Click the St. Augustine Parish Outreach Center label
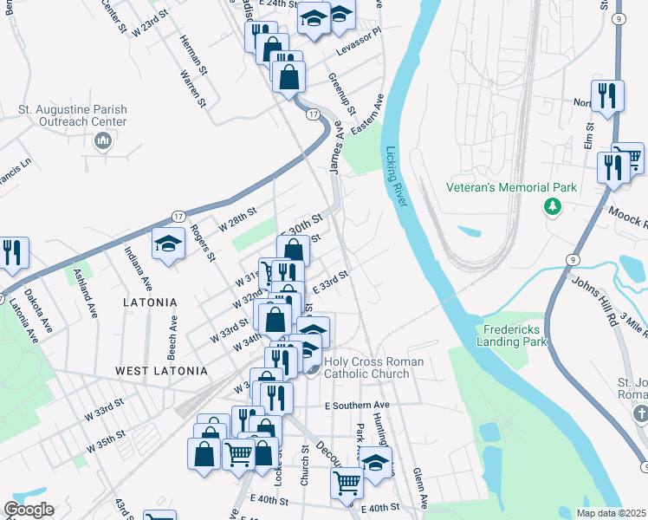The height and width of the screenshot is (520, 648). (x=73, y=116)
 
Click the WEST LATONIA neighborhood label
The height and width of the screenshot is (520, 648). (x=162, y=371)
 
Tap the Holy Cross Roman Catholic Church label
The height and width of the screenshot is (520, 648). (x=373, y=368)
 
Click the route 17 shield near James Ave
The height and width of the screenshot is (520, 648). (x=313, y=114)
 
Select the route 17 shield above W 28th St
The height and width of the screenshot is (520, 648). (x=178, y=215)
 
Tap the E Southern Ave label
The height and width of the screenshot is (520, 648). (x=357, y=406)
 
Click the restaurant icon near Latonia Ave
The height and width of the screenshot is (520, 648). (x=12, y=252)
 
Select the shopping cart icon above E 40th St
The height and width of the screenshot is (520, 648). (x=347, y=481)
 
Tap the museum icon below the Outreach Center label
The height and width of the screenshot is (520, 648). (x=102, y=141)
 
